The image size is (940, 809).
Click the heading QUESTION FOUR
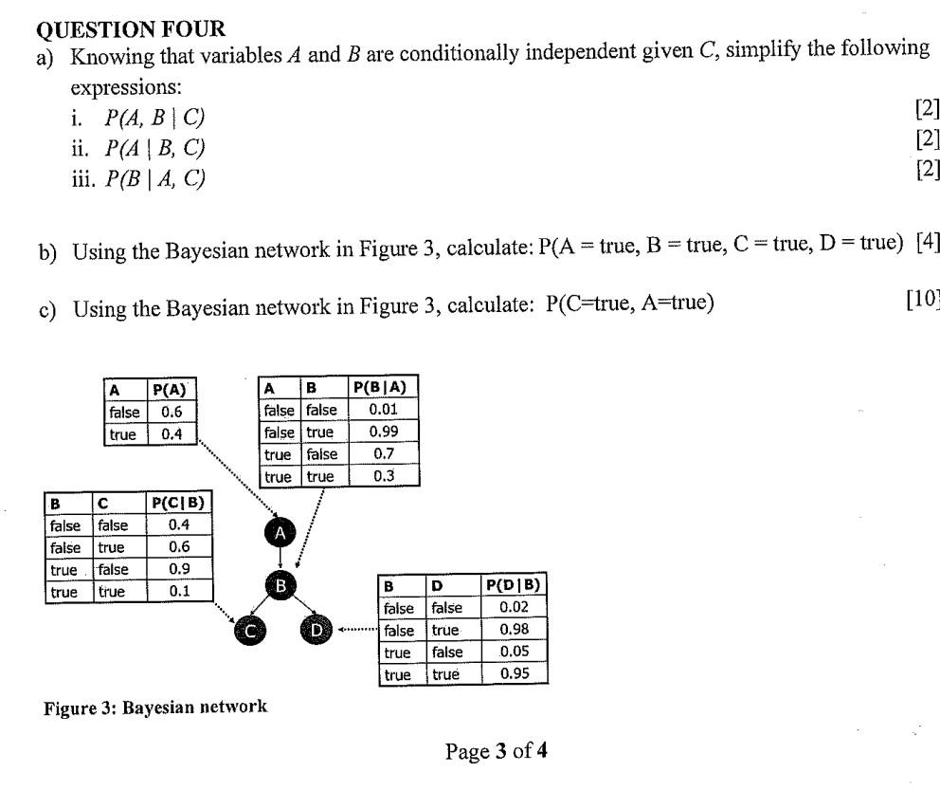(x=138, y=29)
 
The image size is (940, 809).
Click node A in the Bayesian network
(x=280, y=533)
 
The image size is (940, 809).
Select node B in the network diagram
(x=280, y=585)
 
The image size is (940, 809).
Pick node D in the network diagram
(x=316, y=629)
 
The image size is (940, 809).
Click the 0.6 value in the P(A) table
(x=172, y=412)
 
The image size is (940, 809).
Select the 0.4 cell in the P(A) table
(x=172, y=434)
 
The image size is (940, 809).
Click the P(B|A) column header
(x=384, y=387)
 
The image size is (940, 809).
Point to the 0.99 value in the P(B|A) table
(x=384, y=432)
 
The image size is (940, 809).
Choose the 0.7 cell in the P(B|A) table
(x=384, y=454)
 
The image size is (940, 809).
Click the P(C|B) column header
(x=178, y=502)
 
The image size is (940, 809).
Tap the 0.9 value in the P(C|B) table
(x=178, y=569)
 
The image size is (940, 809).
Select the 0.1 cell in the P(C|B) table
(x=178, y=592)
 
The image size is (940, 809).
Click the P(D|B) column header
(x=514, y=585)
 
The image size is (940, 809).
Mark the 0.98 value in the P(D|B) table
(x=514, y=630)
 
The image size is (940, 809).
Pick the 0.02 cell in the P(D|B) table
(x=514, y=607)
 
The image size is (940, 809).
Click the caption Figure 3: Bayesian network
(x=155, y=707)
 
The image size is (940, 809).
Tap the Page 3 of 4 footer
(x=496, y=752)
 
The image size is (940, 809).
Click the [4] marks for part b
(x=928, y=242)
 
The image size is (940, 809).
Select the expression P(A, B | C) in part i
(x=154, y=118)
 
